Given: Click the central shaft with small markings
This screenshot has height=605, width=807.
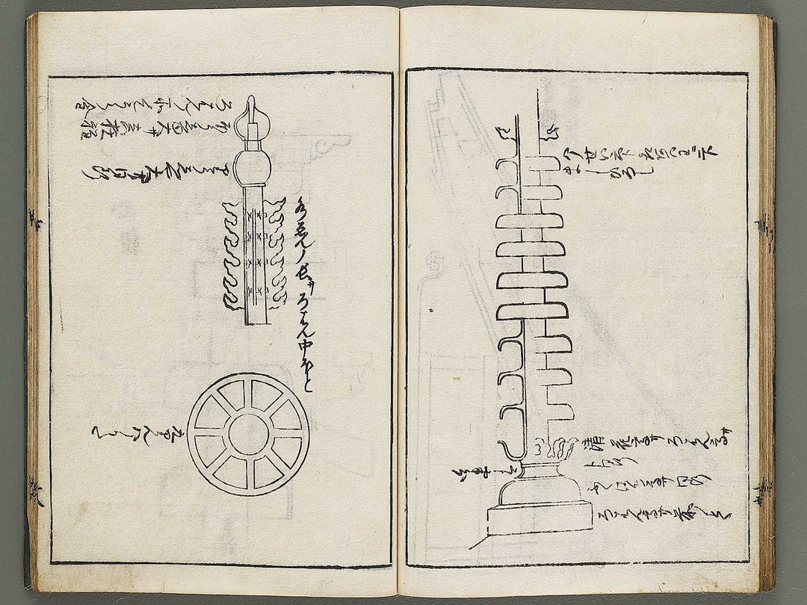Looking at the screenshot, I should point(255,254).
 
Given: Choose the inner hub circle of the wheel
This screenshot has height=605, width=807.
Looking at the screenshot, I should point(248,435).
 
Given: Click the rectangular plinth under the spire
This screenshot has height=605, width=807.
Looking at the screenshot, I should point(539,518).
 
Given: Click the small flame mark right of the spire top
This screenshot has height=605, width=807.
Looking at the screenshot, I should point(554,134).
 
